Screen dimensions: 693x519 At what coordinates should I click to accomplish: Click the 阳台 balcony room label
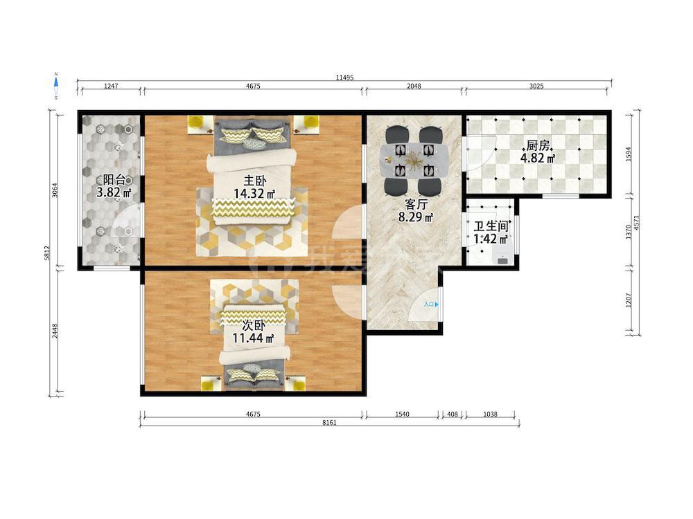pos(114,180)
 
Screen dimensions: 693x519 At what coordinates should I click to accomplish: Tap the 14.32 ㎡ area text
pos(254,193)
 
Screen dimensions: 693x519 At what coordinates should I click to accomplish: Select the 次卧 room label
pos(254,326)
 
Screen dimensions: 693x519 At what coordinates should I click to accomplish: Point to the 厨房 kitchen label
pos(538,145)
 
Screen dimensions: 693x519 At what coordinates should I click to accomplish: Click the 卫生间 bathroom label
pos(491,227)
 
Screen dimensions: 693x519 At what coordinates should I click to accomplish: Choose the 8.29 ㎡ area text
pos(415,217)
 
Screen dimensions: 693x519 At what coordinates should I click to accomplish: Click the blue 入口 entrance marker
pos(431,304)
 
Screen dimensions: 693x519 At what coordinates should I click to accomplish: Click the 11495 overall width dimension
pos(344,78)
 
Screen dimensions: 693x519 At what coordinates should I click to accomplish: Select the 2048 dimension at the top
pos(414,86)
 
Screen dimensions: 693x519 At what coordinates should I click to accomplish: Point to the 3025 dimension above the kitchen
pos(536,86)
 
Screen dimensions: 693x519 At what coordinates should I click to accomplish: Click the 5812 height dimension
pos(47,253)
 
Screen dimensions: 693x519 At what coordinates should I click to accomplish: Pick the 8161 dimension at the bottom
pos(329,422)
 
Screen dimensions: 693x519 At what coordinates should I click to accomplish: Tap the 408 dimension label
pos(453,414)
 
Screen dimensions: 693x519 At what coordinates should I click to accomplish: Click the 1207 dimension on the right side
pos(629,300)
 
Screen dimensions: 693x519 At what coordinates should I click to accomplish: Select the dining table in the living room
pos(414,161)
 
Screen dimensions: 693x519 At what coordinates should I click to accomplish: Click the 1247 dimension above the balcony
pos(111,86)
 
